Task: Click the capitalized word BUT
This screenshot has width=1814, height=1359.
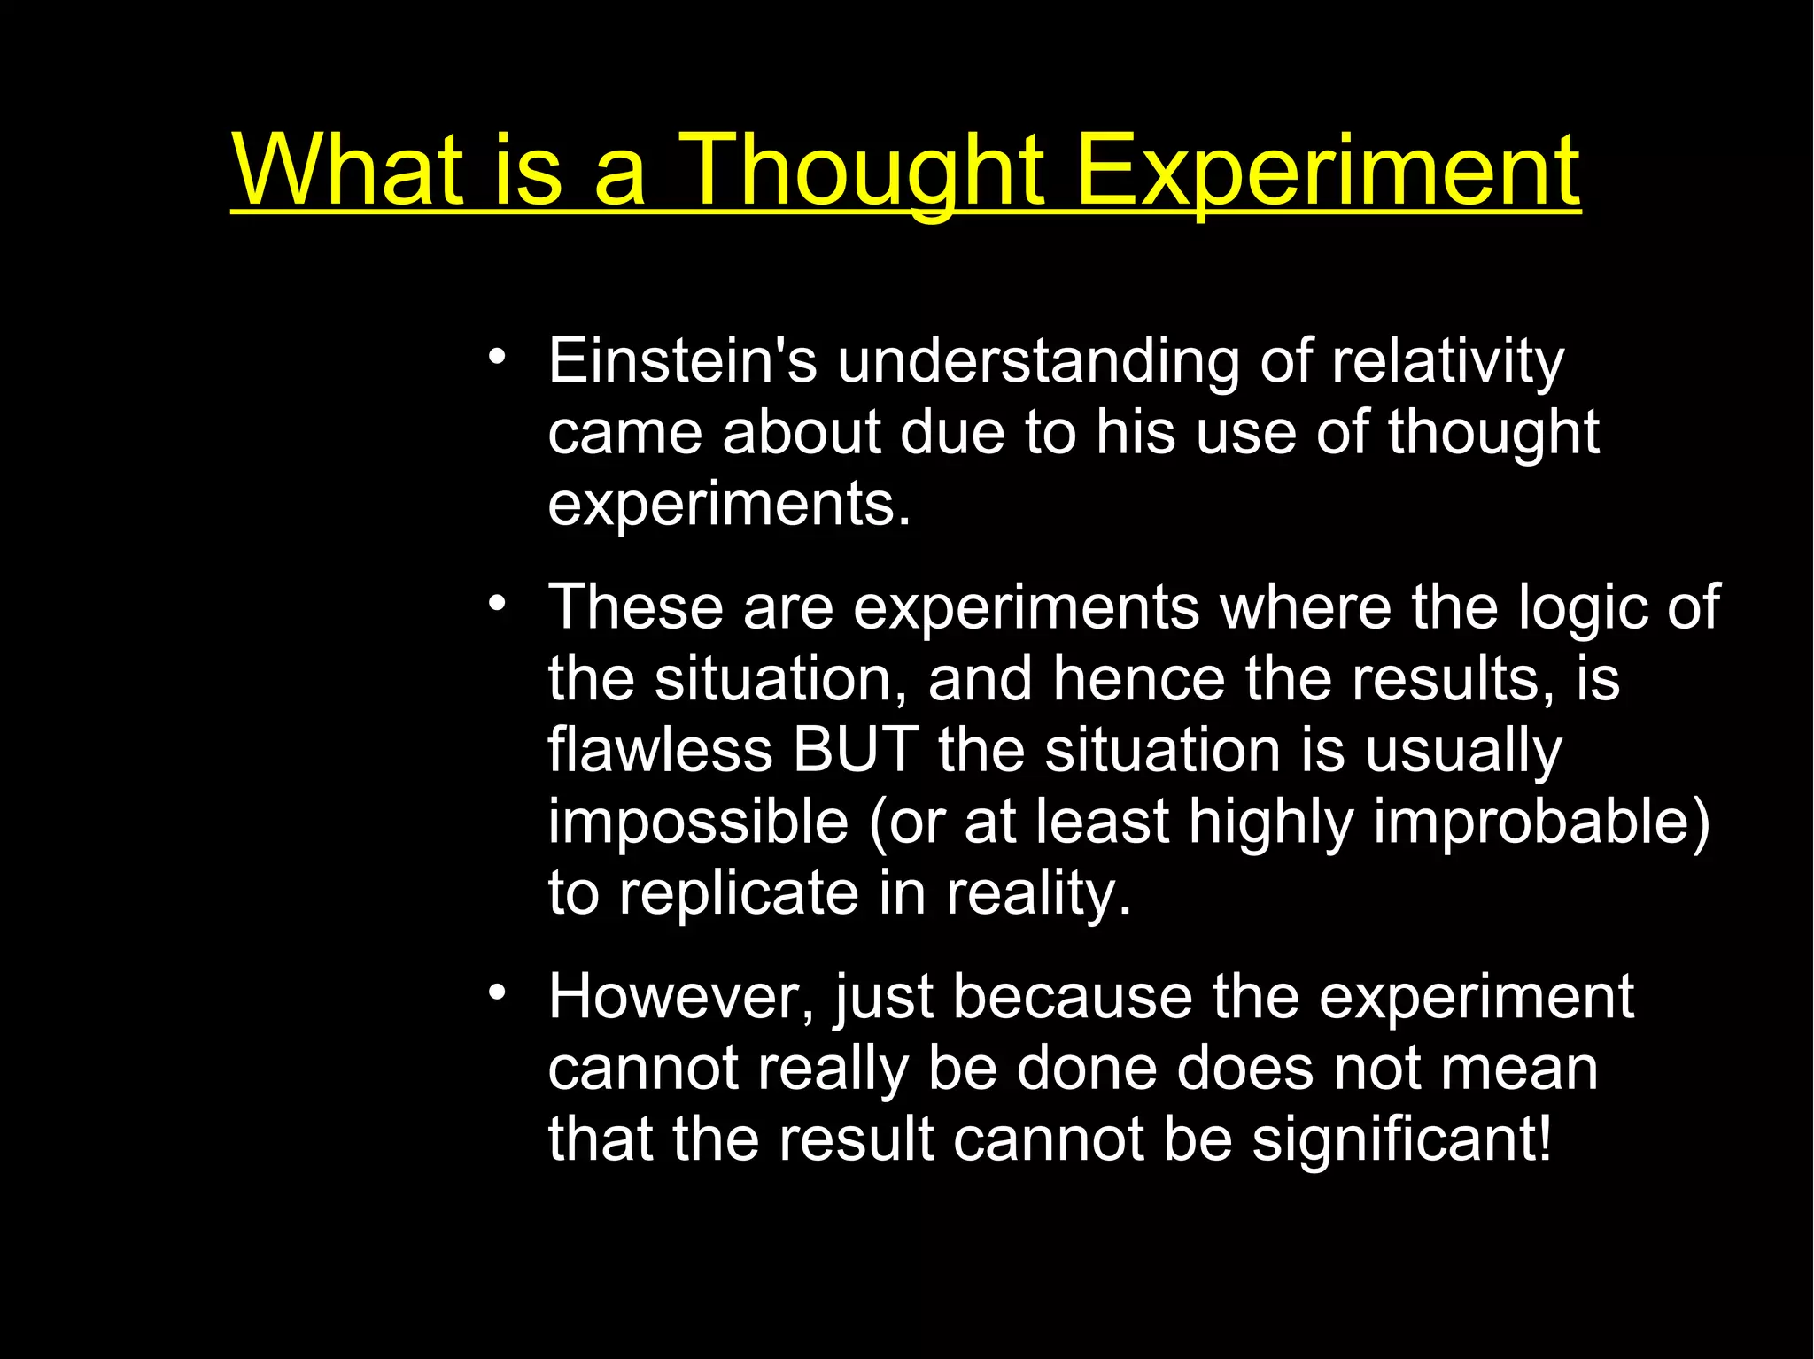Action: (x=854, y=750)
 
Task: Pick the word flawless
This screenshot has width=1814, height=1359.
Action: (x=660, y=750)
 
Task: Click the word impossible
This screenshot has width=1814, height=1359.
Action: (x=698, y=822)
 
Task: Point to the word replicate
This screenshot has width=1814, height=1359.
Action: (x=739, y=892)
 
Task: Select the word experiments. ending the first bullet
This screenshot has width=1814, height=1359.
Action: (x=729, y=505)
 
